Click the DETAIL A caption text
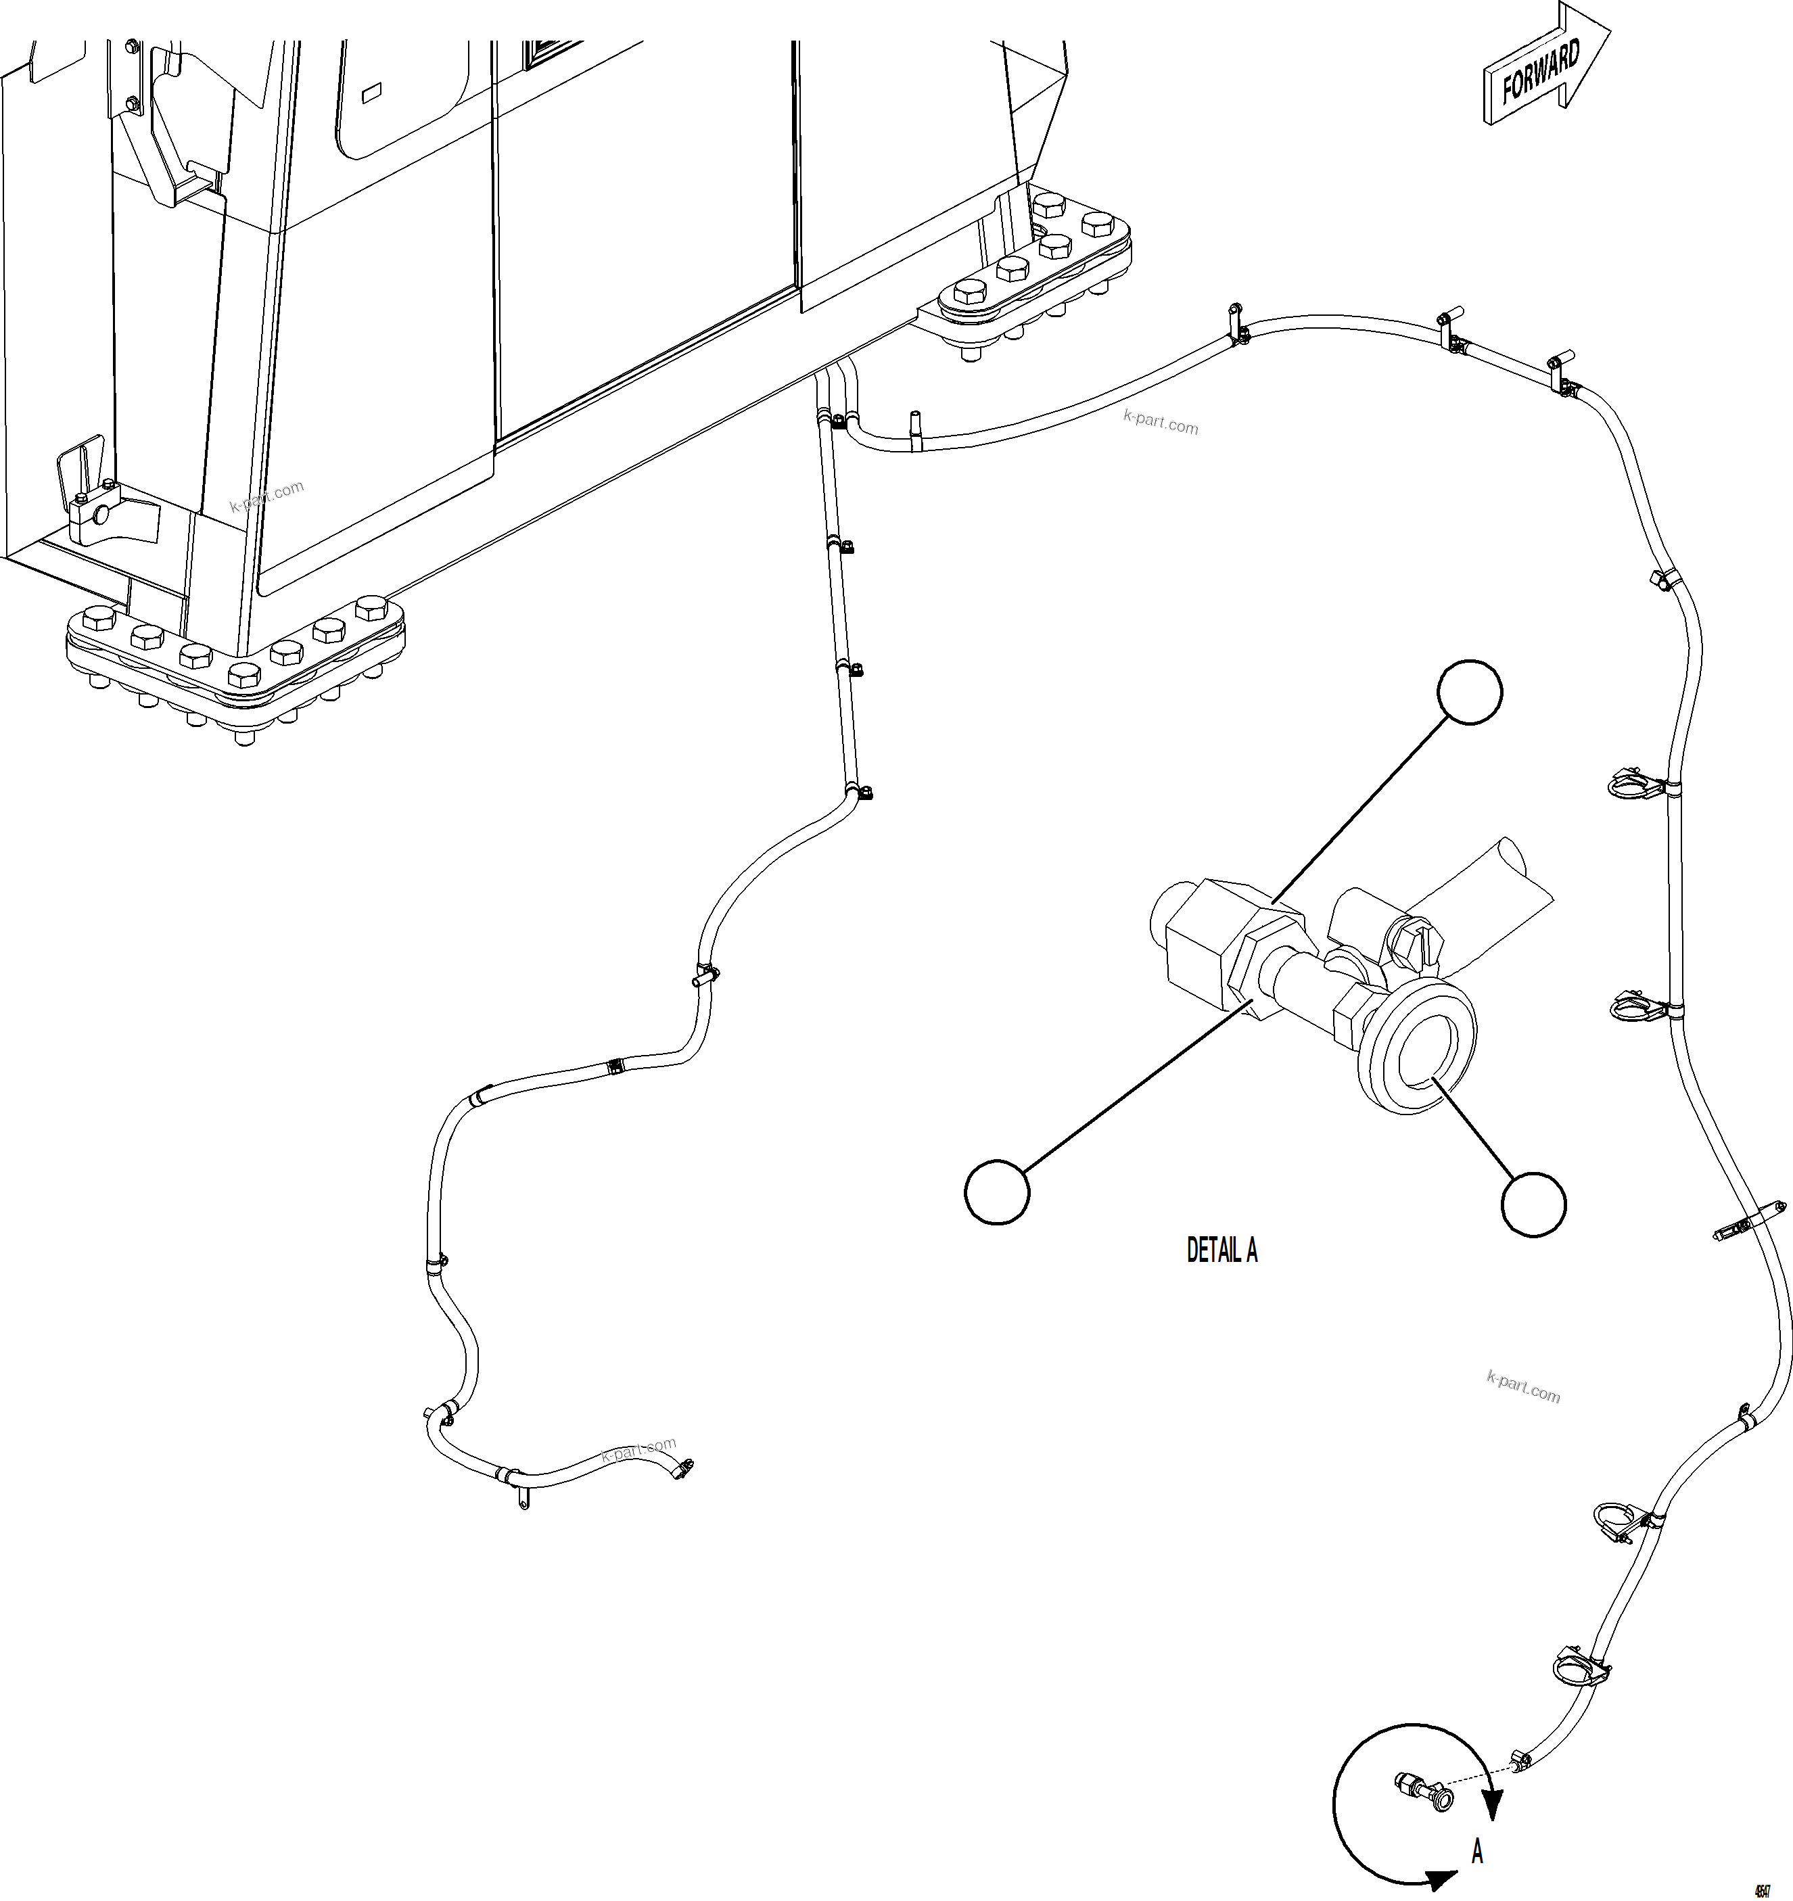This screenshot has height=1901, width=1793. point(1221,1250)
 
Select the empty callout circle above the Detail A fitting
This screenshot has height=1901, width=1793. point(1471,691)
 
